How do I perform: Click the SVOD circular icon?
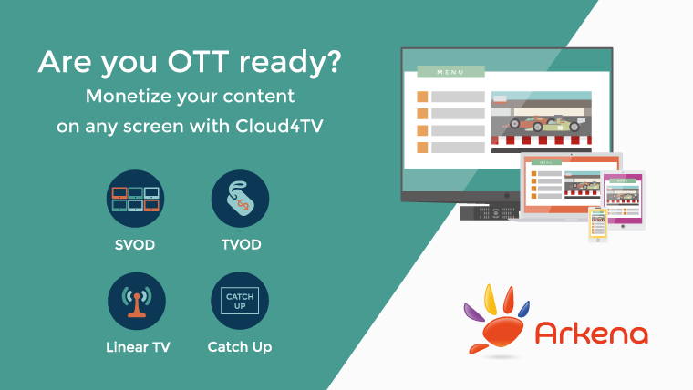135,199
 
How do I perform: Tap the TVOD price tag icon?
240,199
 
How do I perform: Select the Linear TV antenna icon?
137,302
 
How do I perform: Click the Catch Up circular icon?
240,301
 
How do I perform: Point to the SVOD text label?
135,245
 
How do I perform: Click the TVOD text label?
242,244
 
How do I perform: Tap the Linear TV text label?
138,347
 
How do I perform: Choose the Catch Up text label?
240,347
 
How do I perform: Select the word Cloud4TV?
279,126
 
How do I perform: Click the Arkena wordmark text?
592,333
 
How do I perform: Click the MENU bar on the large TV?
450,72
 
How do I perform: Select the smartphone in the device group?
597,224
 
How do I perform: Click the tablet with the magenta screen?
623,200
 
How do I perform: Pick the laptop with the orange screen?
571,187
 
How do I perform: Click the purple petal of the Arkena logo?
474,312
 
